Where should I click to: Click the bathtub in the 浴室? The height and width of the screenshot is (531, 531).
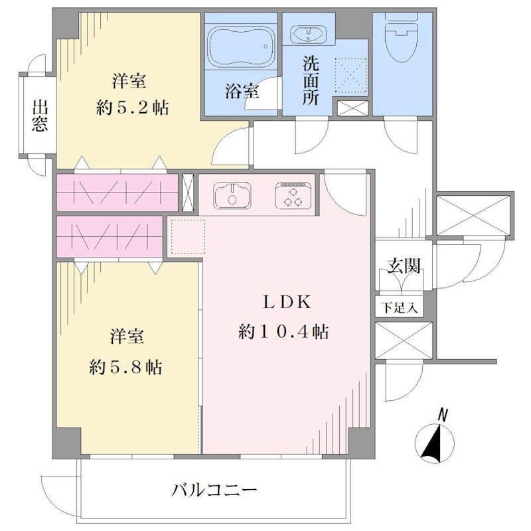click(241, 46)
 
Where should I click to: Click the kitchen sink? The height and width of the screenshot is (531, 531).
click(232, 195)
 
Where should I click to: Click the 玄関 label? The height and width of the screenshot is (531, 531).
click(404, 265)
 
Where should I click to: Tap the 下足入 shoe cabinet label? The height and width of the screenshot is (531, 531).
click(400, 307)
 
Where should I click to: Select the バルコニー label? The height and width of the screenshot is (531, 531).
click(214, 490)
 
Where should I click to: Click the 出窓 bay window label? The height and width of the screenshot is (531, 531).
click(40, 115)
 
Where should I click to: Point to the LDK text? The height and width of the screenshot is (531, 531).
click(287, 302)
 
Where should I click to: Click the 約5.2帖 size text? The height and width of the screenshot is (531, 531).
click(132, 108)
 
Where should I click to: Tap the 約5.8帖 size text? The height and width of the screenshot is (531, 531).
click(125, 367)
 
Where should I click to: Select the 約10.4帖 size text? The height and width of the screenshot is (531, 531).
click(283, 331)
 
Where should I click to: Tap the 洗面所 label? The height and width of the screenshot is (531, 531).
click(311, 81)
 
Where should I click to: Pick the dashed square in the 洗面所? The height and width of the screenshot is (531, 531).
click(351, 76)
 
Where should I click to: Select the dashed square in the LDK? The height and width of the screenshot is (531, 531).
click(188, 237)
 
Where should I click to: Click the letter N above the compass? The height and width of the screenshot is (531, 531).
click(442, 415)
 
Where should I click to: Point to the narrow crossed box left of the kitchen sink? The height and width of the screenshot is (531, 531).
click(188, 192)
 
